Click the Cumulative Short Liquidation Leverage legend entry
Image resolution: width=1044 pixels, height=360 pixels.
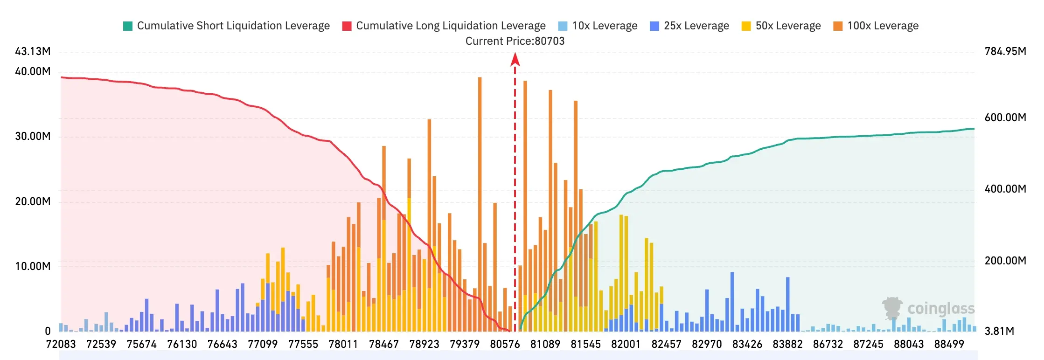226,26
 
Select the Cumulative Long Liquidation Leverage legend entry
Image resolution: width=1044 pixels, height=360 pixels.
444,26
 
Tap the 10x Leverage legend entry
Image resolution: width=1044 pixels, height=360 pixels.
598,26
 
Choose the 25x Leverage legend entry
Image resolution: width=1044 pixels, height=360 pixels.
689,26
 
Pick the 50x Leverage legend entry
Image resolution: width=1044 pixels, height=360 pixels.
781,26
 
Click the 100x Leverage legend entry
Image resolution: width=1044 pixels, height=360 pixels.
876,26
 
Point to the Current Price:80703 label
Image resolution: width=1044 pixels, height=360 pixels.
515,41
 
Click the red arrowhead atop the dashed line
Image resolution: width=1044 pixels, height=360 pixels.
515,59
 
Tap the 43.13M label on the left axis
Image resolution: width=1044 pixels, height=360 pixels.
33,51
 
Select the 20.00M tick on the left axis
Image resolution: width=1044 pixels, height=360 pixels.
33,201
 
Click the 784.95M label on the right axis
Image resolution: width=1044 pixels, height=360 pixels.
1005,51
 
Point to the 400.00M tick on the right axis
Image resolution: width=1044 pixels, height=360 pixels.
1005,189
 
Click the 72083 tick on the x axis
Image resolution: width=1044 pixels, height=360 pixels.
61,344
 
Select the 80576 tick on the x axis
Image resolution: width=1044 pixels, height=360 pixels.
505,344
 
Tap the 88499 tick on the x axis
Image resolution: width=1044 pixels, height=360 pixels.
949,344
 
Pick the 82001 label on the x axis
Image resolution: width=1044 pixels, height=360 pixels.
626,344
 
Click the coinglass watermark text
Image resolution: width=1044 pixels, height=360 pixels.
941,309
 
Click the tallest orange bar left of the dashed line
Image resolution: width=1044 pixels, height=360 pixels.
480,204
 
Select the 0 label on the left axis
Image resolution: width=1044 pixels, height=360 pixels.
48,331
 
